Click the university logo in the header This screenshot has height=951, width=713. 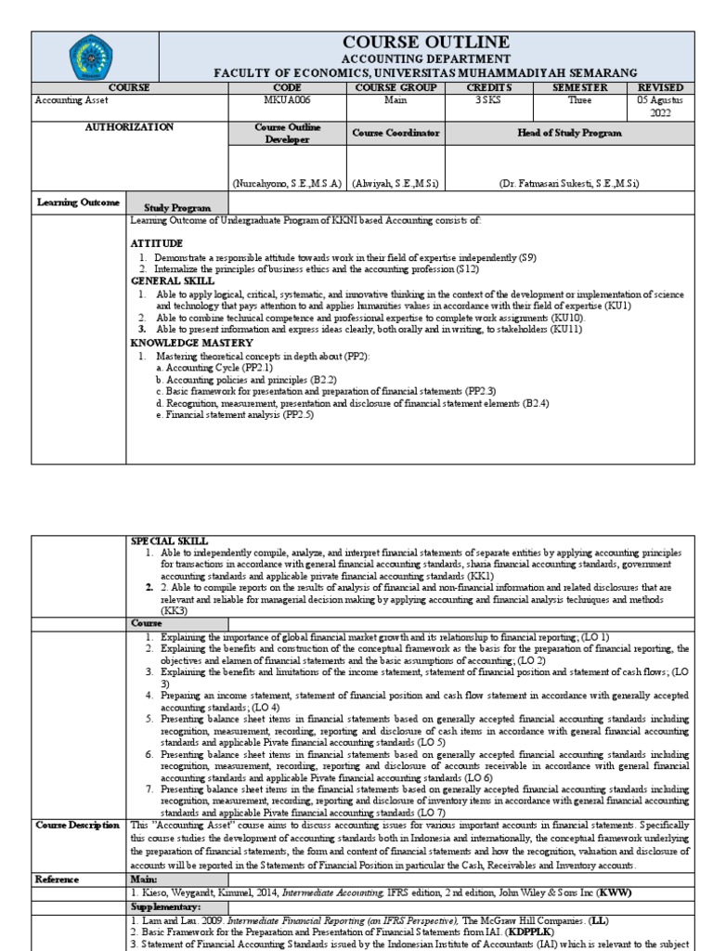pyautogui.click(x=96, y=57)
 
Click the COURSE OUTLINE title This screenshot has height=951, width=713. pyautogui.click(x=426, y=42)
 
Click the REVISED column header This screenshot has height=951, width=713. pyautogui.click(x=661, y=87)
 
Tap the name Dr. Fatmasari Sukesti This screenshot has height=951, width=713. pyautogui.click(x=569, y=183)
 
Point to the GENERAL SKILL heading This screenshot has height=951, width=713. pyautogui.click(x=173, y=280)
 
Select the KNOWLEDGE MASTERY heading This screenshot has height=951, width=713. pyautogui.click(x=192, y=343)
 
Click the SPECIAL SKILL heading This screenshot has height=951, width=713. pyautogui.click(x=169, y=540)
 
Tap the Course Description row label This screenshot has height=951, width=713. pyautogui.click(x=78, y=825)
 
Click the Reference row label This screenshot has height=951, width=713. pyautogui.click(x=58, y=878)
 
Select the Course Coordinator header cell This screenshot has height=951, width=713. pyautogui.click(x=395, y=134)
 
